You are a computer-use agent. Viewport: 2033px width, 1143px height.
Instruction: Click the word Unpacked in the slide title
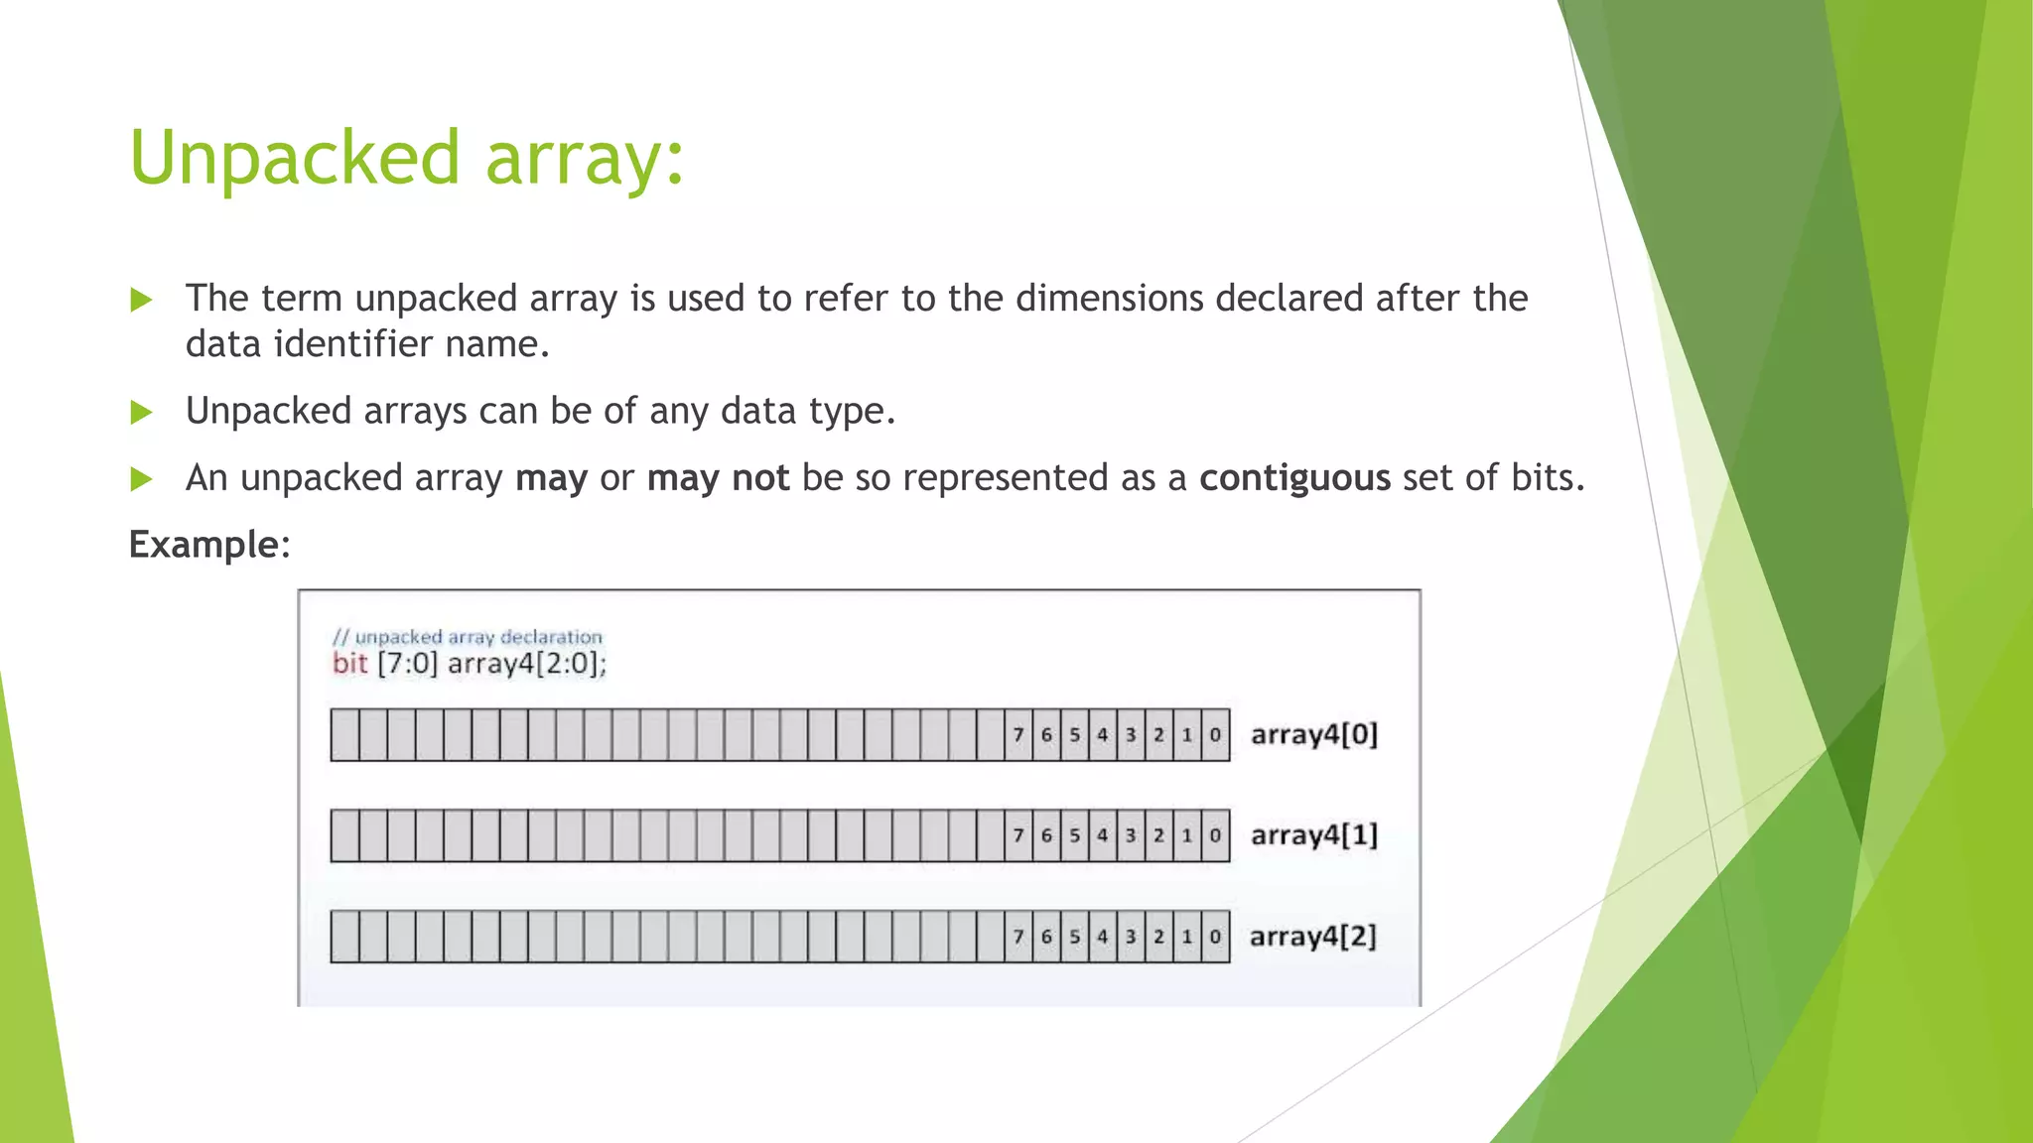pyautogui.click(x=295, y=159)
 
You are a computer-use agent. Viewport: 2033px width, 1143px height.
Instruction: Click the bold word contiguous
pyautogui.click(x=1294, y=478)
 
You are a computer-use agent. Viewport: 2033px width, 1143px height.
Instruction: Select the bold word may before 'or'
pyautogui.click(x=551, y=478)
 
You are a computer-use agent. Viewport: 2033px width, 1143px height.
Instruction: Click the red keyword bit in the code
pyautogui.click(x=350, y=663)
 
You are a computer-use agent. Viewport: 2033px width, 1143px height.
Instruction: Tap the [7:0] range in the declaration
pyautogui.click(x=407, y=663)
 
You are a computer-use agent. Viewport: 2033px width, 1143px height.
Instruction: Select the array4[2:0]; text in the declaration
pyautogui.click(x=527, y=663)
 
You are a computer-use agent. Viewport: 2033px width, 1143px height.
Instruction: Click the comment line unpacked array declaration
pyautogui.click(x=468, y=637)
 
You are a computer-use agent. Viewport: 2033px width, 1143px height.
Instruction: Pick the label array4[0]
pyautogui.click(x=1314, y=735)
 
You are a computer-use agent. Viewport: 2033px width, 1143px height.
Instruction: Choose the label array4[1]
pyautogui.click(x=1314, y=835)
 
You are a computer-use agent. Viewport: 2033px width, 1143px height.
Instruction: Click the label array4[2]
pyautogui.click(x=1313, y=937)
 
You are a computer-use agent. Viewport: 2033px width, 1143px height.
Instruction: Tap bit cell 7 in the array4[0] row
pyautogui.click(x=1018, y=735)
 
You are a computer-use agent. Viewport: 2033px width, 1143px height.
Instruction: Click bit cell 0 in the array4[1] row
pyautogui.click(x=1215, y=835)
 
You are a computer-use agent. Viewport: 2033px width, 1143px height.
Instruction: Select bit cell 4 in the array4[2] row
pyautogui.click(x=1103, y=937)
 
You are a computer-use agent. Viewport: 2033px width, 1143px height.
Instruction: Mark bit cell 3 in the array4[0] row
pyautogui.click(x=1131, y=735)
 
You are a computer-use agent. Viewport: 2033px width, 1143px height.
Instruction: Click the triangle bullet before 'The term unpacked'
pyautogui.click(x=142, y=300)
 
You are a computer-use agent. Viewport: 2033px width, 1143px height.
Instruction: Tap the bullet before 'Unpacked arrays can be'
pyautogui.click(x=142, y=412)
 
